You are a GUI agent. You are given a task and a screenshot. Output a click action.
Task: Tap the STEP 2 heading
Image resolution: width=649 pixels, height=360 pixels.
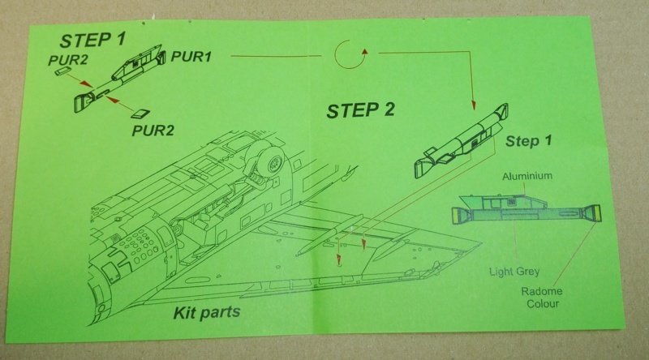click(360, 111)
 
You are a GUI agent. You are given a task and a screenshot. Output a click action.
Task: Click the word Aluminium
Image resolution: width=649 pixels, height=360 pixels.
click(527, 175)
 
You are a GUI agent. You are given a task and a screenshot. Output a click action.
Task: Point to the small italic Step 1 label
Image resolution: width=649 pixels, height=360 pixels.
click(528, 141)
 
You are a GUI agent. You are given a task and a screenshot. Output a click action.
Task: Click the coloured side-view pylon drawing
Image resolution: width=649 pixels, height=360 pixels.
click(527, 208)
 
